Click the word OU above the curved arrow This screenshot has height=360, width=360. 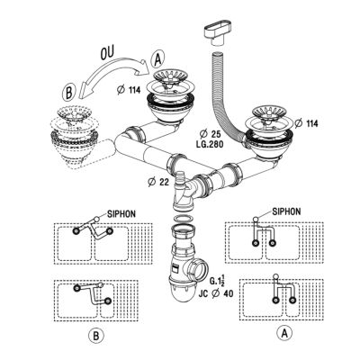point(106,53)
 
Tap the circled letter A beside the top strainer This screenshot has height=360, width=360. point(157,60)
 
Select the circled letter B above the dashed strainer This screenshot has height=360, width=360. point(68,93)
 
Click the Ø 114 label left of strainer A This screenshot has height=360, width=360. point(129,90)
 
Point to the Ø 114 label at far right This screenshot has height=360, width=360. point(306,123)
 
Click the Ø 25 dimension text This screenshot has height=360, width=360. point(211,133)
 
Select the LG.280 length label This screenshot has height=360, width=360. point(209,144)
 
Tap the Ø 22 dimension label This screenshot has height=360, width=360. point(158,182)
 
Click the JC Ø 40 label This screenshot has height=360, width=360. point(216,293)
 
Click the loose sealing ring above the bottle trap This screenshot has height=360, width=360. point(184,218)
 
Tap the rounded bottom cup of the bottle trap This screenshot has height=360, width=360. point(183,296)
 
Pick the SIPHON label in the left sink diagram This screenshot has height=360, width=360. point(121,214)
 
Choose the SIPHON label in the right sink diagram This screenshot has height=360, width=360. point(286,211)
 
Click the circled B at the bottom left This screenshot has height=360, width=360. point(96,336)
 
